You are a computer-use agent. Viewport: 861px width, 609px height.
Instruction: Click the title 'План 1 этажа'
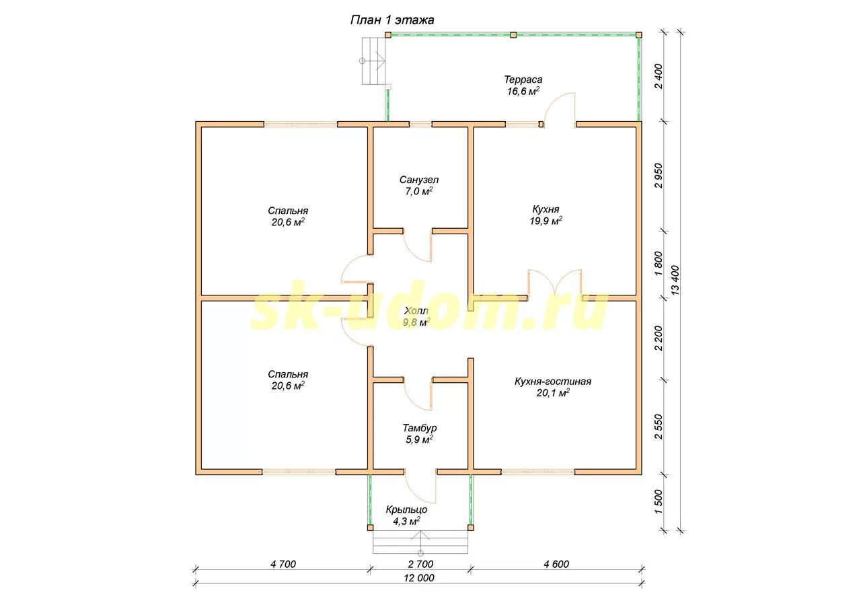392,20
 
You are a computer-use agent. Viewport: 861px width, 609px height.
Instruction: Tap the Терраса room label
525,79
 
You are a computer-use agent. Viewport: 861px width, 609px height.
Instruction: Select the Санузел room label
419,180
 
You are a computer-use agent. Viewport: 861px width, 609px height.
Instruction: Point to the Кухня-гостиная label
553,382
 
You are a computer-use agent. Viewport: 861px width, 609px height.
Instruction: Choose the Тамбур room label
420,428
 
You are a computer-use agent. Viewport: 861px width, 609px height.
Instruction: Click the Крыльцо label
406,509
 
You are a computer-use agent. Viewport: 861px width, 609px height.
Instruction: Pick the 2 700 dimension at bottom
420,564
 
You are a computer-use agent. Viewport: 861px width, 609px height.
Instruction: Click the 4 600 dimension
556,564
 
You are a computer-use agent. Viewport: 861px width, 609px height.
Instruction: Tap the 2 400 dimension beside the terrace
659,77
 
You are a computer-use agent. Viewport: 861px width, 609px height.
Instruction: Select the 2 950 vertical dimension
659,176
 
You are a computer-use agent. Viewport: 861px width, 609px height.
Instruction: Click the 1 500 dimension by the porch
659,501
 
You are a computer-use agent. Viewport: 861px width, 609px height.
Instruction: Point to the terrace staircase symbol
375,61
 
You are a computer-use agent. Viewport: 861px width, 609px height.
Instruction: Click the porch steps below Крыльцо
420,541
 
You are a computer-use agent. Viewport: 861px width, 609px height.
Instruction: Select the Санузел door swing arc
418,247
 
